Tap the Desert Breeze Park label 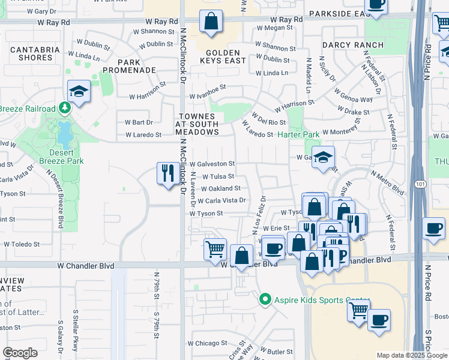[61, 157]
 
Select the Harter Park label [298, 135]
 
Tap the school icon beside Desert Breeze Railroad [78, 92]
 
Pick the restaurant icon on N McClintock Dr [167, 173]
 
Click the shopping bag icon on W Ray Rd [211, 22]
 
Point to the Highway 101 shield [422, 185]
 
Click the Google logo [20, 353]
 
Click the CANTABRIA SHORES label [31, 53]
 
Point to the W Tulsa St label [218, 176]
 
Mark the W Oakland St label [220, 188]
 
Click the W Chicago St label [206, 344]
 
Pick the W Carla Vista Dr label [221, 200]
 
